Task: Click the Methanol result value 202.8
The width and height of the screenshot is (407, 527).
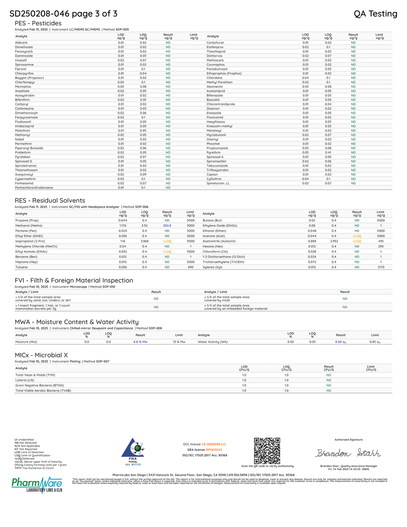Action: tap(167, 225)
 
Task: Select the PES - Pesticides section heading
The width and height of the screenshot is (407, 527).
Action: tap(38, 23)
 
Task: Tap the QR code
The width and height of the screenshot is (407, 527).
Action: tap(267, 451)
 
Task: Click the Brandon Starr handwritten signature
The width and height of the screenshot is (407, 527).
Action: tap(348, 453)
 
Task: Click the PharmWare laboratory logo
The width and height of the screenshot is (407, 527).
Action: tap(37, 485)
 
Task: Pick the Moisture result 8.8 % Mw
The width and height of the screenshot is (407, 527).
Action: tap(140, 342)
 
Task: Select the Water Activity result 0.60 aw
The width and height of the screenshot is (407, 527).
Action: tap(341, 342)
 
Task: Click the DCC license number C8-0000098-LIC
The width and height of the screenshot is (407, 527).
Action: tap(214, 444)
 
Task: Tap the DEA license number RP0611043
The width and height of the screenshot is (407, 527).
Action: tap(214, 450)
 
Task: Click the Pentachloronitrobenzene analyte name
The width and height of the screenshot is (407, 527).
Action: tap(34, 188)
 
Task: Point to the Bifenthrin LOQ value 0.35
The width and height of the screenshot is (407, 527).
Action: tap(143, 100)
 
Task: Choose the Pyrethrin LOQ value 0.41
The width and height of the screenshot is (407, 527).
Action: tap(328, 152)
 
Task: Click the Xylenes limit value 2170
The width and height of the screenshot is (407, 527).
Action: tap(381, 267)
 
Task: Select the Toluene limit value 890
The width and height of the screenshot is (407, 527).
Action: tap(191, 267)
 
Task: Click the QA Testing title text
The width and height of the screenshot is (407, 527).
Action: tap(375, 14)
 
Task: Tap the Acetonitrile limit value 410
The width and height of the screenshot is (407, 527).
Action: tap(381, 241)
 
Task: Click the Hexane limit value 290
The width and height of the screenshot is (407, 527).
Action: tap(381, 246)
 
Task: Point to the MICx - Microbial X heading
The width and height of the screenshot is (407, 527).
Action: tap(41, 355)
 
